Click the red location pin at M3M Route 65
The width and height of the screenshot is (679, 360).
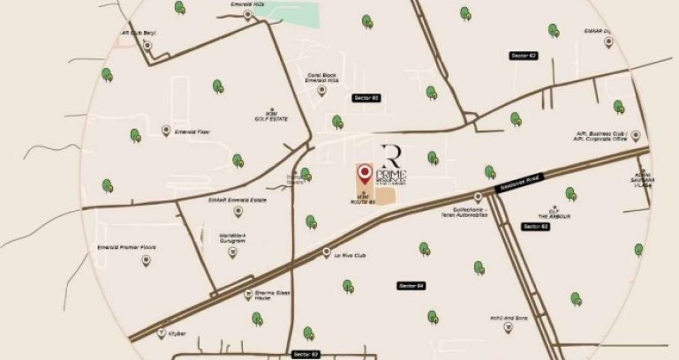click(363, 171)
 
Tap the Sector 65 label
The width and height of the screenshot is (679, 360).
click(365, 97)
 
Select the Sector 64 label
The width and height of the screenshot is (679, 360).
click(411, 285)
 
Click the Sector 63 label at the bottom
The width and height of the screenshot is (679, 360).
click(303, 354)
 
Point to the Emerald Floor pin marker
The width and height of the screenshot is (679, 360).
click(166, 131)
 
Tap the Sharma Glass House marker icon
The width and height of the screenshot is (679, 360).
click(247, 296)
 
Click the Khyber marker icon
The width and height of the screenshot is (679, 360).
click(161, 334)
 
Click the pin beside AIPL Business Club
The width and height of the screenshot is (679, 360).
click(635, 135)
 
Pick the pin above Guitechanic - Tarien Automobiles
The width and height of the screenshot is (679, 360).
click(478, 197)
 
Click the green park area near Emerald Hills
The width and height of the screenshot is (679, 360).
click(305, 15)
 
